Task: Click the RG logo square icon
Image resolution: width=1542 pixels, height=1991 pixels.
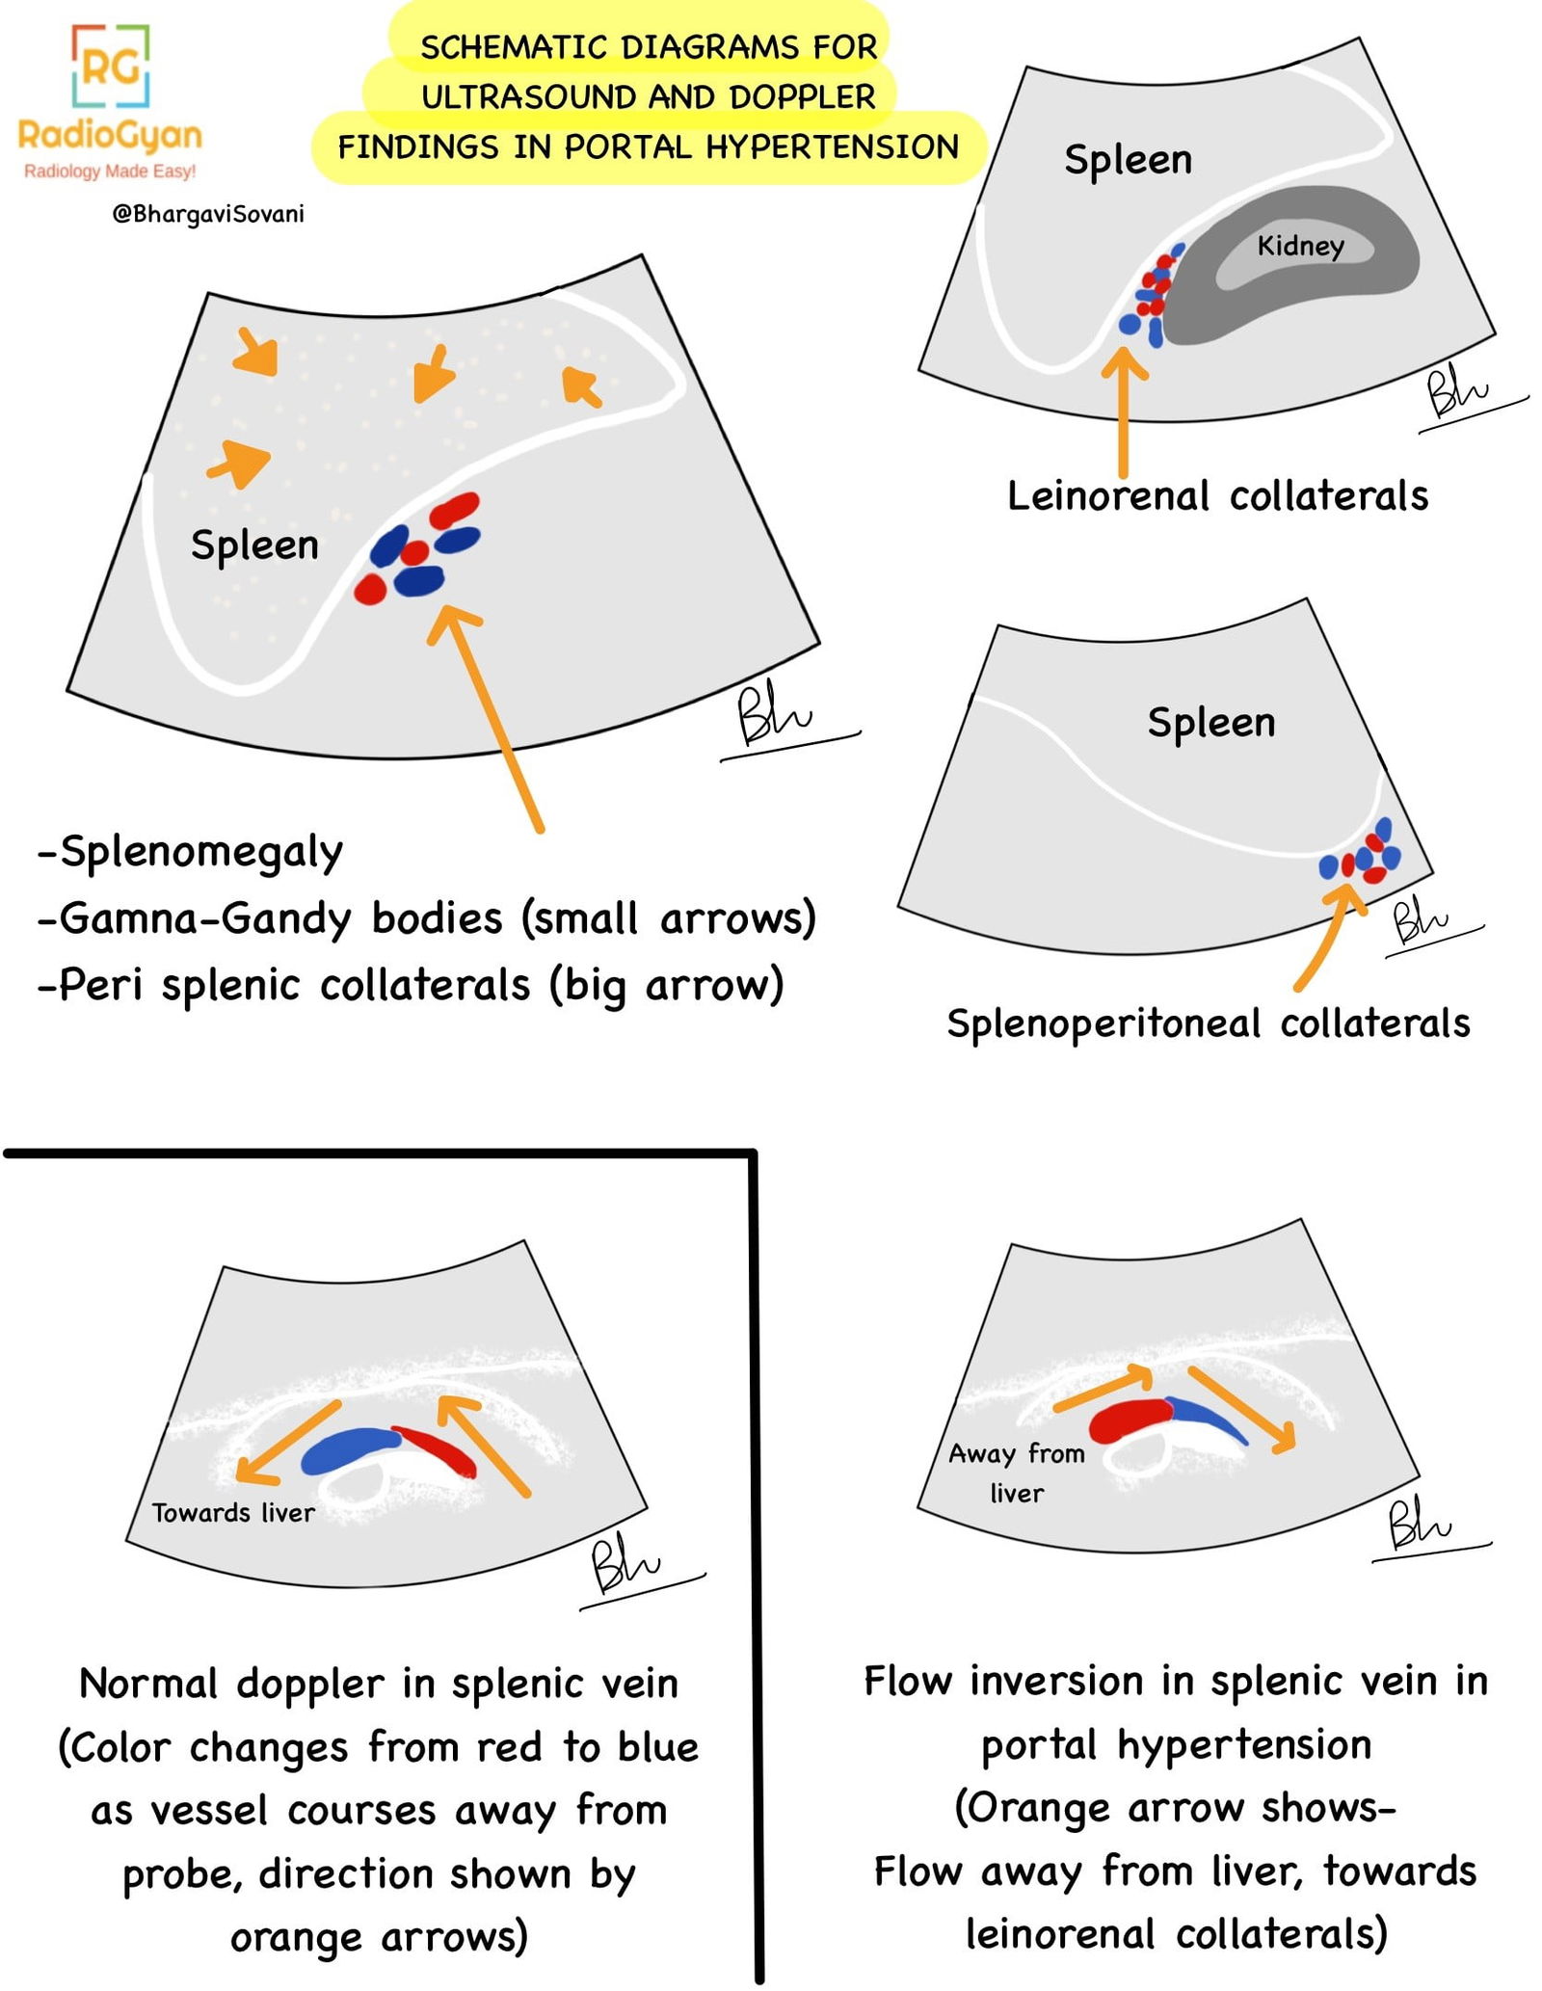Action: click(110, 66)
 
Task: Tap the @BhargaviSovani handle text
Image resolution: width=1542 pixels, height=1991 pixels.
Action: click(207, 214)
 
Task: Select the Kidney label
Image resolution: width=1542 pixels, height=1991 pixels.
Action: click(1299, 246)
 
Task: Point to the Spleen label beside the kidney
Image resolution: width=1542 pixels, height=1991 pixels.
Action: click(1128, 159)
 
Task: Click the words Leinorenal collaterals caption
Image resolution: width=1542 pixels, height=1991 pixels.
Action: click(1216, 496)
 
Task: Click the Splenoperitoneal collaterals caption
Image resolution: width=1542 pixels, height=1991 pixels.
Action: click(1208, 1023)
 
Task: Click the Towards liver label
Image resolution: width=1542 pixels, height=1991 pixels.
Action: click(233, 1513)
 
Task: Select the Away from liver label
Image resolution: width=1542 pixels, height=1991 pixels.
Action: click(1017, 1473)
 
